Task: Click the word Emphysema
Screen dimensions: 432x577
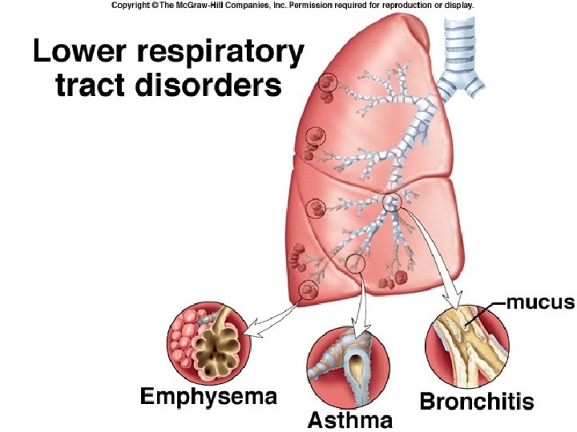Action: click(208, 396)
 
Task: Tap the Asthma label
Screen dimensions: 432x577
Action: click(351, 420)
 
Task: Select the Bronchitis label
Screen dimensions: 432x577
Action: click(476, 401)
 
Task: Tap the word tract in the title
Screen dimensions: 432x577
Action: click(87, 85)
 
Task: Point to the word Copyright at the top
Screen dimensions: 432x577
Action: click(131, 5)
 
